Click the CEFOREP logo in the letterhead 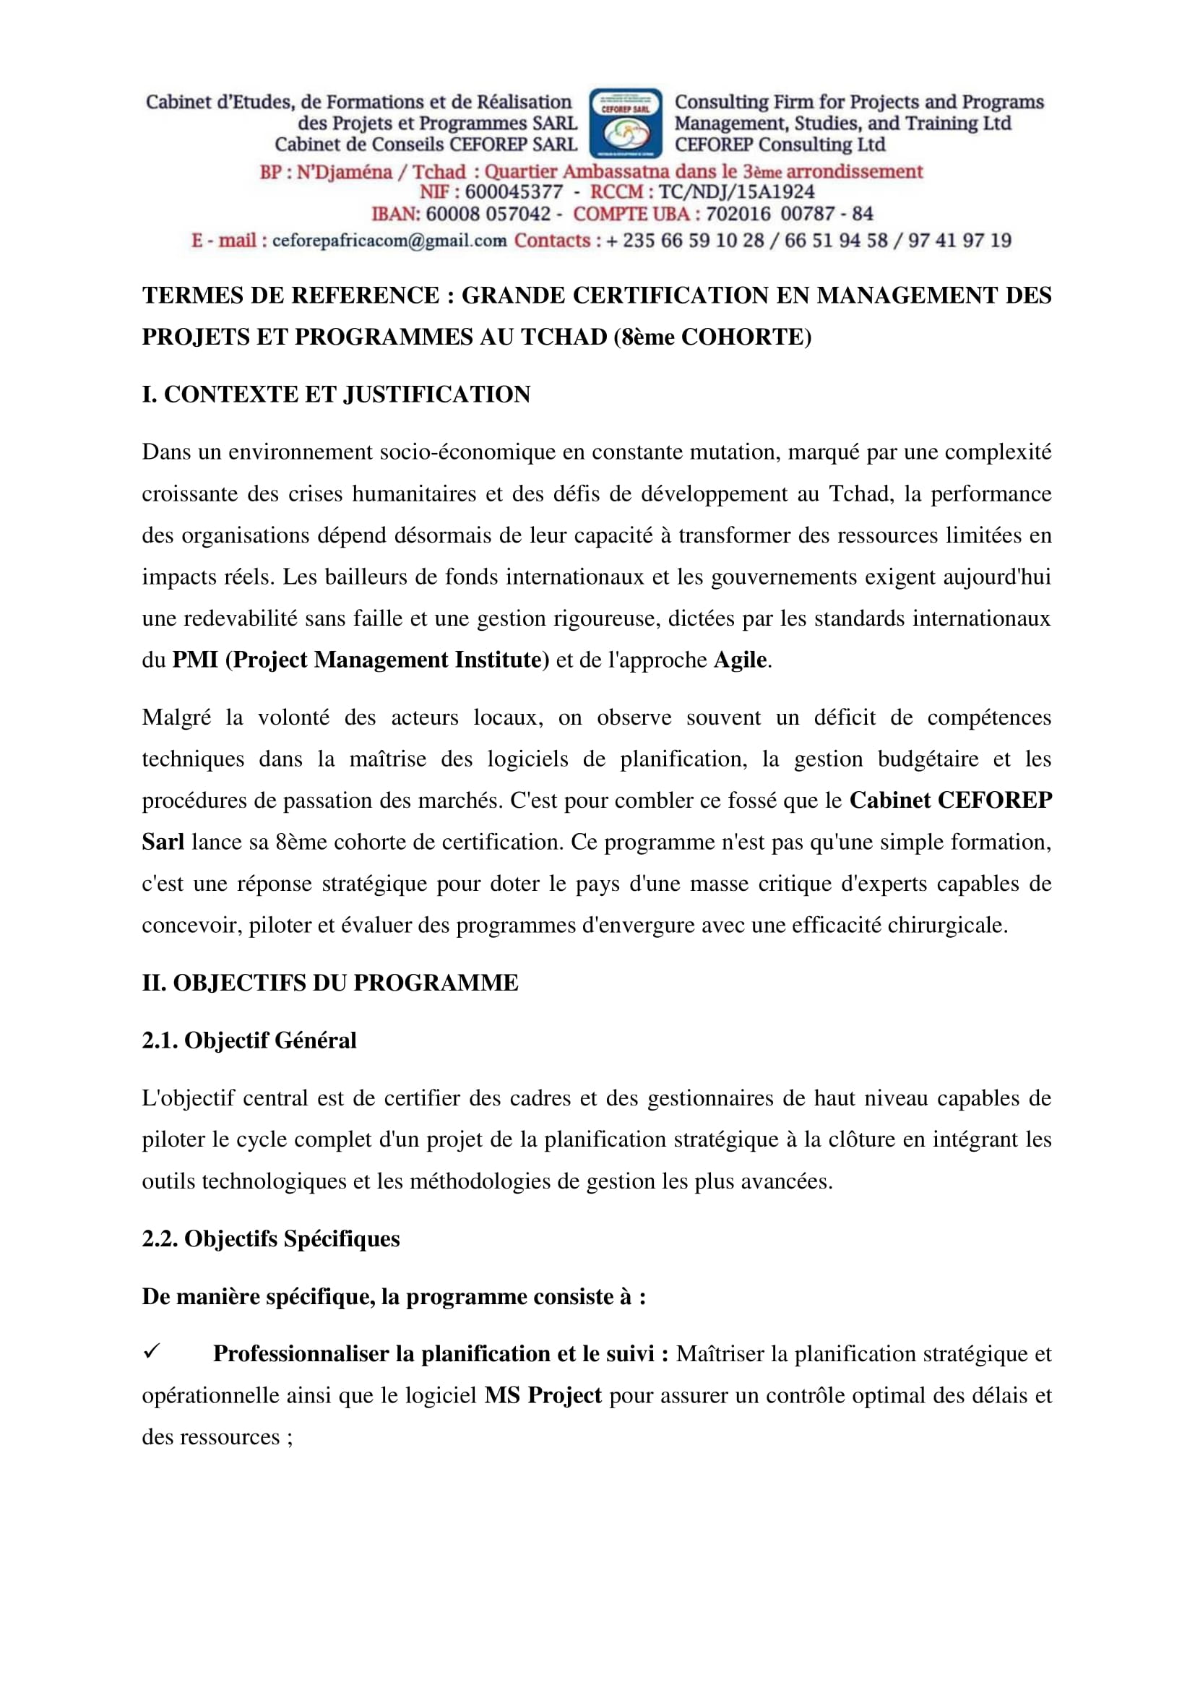click(626, 123)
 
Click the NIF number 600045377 click(514, 192)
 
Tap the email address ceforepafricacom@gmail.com click(389, 241)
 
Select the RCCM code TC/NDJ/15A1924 click(736, 192)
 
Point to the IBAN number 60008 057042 click(488, 214)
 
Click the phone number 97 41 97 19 click(959, 241)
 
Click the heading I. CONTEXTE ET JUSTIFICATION click(336, 395)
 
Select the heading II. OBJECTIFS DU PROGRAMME click(330, 983)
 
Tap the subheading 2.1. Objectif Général click(249, 1040)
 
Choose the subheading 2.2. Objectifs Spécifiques click(271, 1239)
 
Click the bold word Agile click(741, 660)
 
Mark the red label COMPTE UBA click(631, 214)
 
